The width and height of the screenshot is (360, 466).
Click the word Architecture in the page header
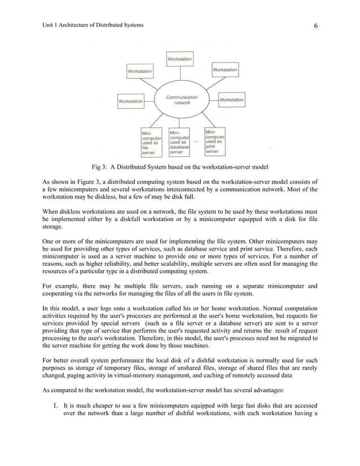pyautogui.click(x=76, y=25)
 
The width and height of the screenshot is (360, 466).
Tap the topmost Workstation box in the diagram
pyautogui.click(x=179, y=58)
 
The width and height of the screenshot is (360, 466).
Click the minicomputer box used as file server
pyautogui.click(x=151, y=142)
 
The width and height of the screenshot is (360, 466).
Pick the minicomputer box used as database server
pyautogui.click(x=179, y=142)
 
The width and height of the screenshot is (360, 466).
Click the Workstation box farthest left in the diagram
pyautogui.click(x=130, y=102)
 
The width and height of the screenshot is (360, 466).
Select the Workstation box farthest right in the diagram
pyautogui.click(x=231, y=100)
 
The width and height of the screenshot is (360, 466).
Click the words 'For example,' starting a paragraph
pyautogui.click(x=60, y=286)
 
